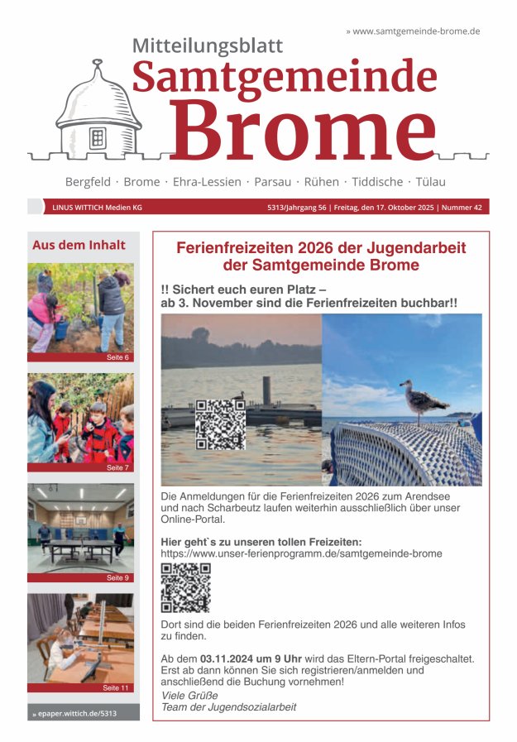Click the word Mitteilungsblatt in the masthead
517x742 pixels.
(x=208, y=45)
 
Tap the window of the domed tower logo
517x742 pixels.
(x=98, y=137)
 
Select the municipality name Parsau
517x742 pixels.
(x=272, y=181)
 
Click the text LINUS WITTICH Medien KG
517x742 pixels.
(x=97, y=208)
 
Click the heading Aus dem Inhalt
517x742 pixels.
(x=79, y=245)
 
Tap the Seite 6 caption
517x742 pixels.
(x=118, y=357)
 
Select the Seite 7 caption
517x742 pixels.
(x=118, y=467)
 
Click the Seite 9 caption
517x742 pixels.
(x=118, y=577)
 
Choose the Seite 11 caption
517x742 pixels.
(x=117, y=687)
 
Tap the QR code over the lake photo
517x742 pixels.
(x=220, y=424)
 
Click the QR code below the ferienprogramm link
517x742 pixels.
(x=185, y=587)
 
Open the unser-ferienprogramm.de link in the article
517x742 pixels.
(x=301, y=553)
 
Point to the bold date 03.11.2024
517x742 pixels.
(x=226, y=658)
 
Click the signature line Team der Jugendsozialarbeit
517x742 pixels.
(x=228, y=707)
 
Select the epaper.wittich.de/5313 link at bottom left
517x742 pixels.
(x=74, y=712)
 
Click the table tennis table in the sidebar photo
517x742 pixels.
(x=81, y=545)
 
